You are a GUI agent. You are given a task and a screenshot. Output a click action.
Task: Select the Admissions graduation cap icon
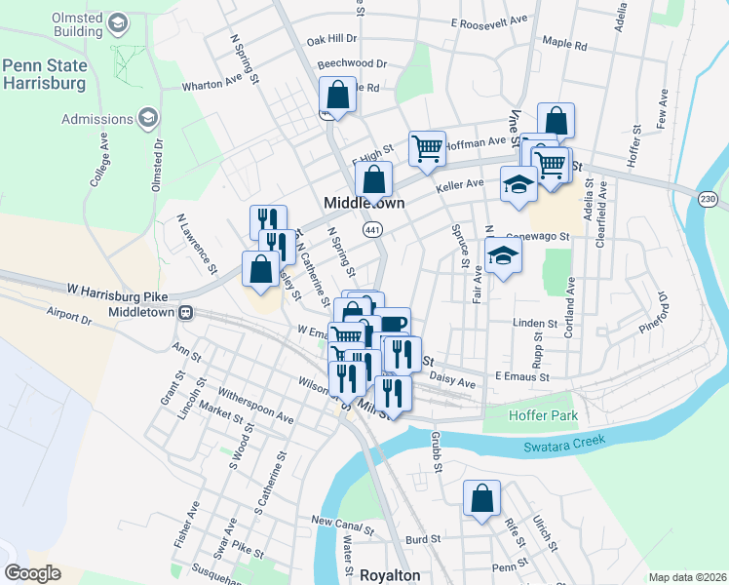pyautogui.click(x=149, y=119)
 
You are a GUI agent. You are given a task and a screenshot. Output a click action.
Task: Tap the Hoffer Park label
pyautogui.click(x=544, y=416)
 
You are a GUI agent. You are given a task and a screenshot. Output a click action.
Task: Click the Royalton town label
pyautogui.click(x=390, y=575)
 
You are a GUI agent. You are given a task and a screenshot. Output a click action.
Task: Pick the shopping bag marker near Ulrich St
pyautogui.click(x=481, y=497)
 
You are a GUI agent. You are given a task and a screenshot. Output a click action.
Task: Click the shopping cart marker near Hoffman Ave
pyautogui.click(x=426, y=148)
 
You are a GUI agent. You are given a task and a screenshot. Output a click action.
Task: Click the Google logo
pyautogui.click(x=33, y=573)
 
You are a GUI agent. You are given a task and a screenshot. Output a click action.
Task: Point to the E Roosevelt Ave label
pyautogui.click(x=489, y=19)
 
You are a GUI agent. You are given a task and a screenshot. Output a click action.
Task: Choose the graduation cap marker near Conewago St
pyautogui.click(x=503, y=255)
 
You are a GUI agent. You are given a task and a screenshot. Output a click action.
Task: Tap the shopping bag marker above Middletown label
pyautogui.click(x=372, y=178)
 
